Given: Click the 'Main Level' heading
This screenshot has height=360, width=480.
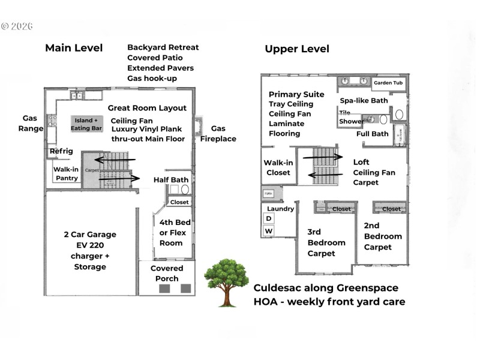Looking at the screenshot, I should [74, 48].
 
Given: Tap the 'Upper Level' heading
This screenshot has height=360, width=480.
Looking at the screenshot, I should [297, 49].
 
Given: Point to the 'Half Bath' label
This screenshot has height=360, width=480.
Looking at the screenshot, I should [171, 179].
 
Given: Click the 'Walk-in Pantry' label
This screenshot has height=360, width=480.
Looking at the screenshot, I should [66, 173].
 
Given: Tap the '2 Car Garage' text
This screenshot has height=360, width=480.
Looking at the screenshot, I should [90, 235].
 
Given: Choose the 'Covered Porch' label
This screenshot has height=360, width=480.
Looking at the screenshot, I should [167, 273].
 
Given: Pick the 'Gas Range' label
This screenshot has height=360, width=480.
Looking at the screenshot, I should [33, 124].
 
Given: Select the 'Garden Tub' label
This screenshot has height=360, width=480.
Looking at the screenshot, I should [388, 83].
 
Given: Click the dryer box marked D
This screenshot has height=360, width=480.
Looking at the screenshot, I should [268, 219].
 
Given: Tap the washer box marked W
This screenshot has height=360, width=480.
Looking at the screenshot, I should [268, 231].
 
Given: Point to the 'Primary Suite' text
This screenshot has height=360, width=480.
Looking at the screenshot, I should [296, 94].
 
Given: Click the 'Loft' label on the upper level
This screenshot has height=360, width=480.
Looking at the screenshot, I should [361, 162].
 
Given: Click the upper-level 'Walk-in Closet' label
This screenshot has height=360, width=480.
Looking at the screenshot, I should [277, 167].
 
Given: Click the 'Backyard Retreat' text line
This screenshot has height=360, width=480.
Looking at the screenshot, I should [163, 47].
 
